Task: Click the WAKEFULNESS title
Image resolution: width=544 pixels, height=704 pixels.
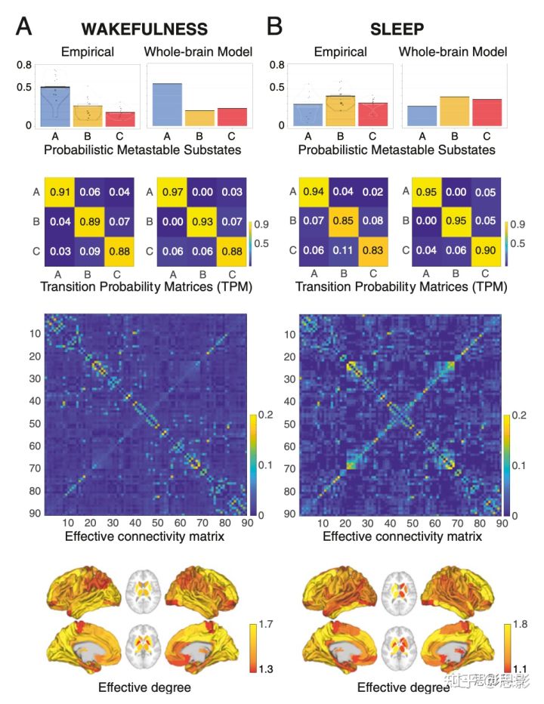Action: (x=144, y=29)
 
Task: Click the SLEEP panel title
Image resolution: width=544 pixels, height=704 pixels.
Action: (x=397, y=29)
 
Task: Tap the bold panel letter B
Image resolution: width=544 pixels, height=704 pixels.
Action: (x=275, y=27)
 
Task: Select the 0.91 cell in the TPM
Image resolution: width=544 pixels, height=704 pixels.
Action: (x=60, y=193)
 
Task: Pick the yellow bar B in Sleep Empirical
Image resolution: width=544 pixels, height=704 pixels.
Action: (x=340, y=110)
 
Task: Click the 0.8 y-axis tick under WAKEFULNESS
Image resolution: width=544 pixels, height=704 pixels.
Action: (x=23, y=65)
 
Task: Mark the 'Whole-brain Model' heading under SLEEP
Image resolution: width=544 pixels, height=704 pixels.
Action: (x=453, y=51)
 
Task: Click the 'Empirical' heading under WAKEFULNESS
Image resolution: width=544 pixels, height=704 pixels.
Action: (x=87, y=51)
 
